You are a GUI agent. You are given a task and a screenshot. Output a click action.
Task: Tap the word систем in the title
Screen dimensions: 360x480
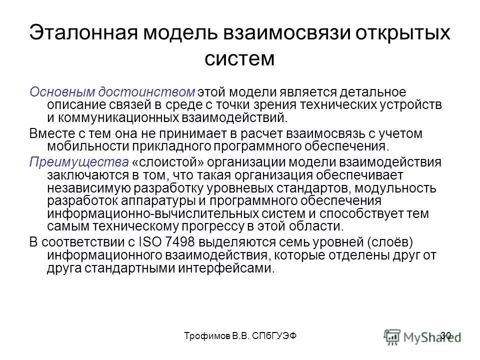(x=239, y=58)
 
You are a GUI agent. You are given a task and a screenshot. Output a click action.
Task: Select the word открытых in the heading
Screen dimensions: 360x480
(x=395, y=34)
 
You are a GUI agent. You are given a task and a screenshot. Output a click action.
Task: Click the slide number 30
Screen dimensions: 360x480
(x=447, y=336)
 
